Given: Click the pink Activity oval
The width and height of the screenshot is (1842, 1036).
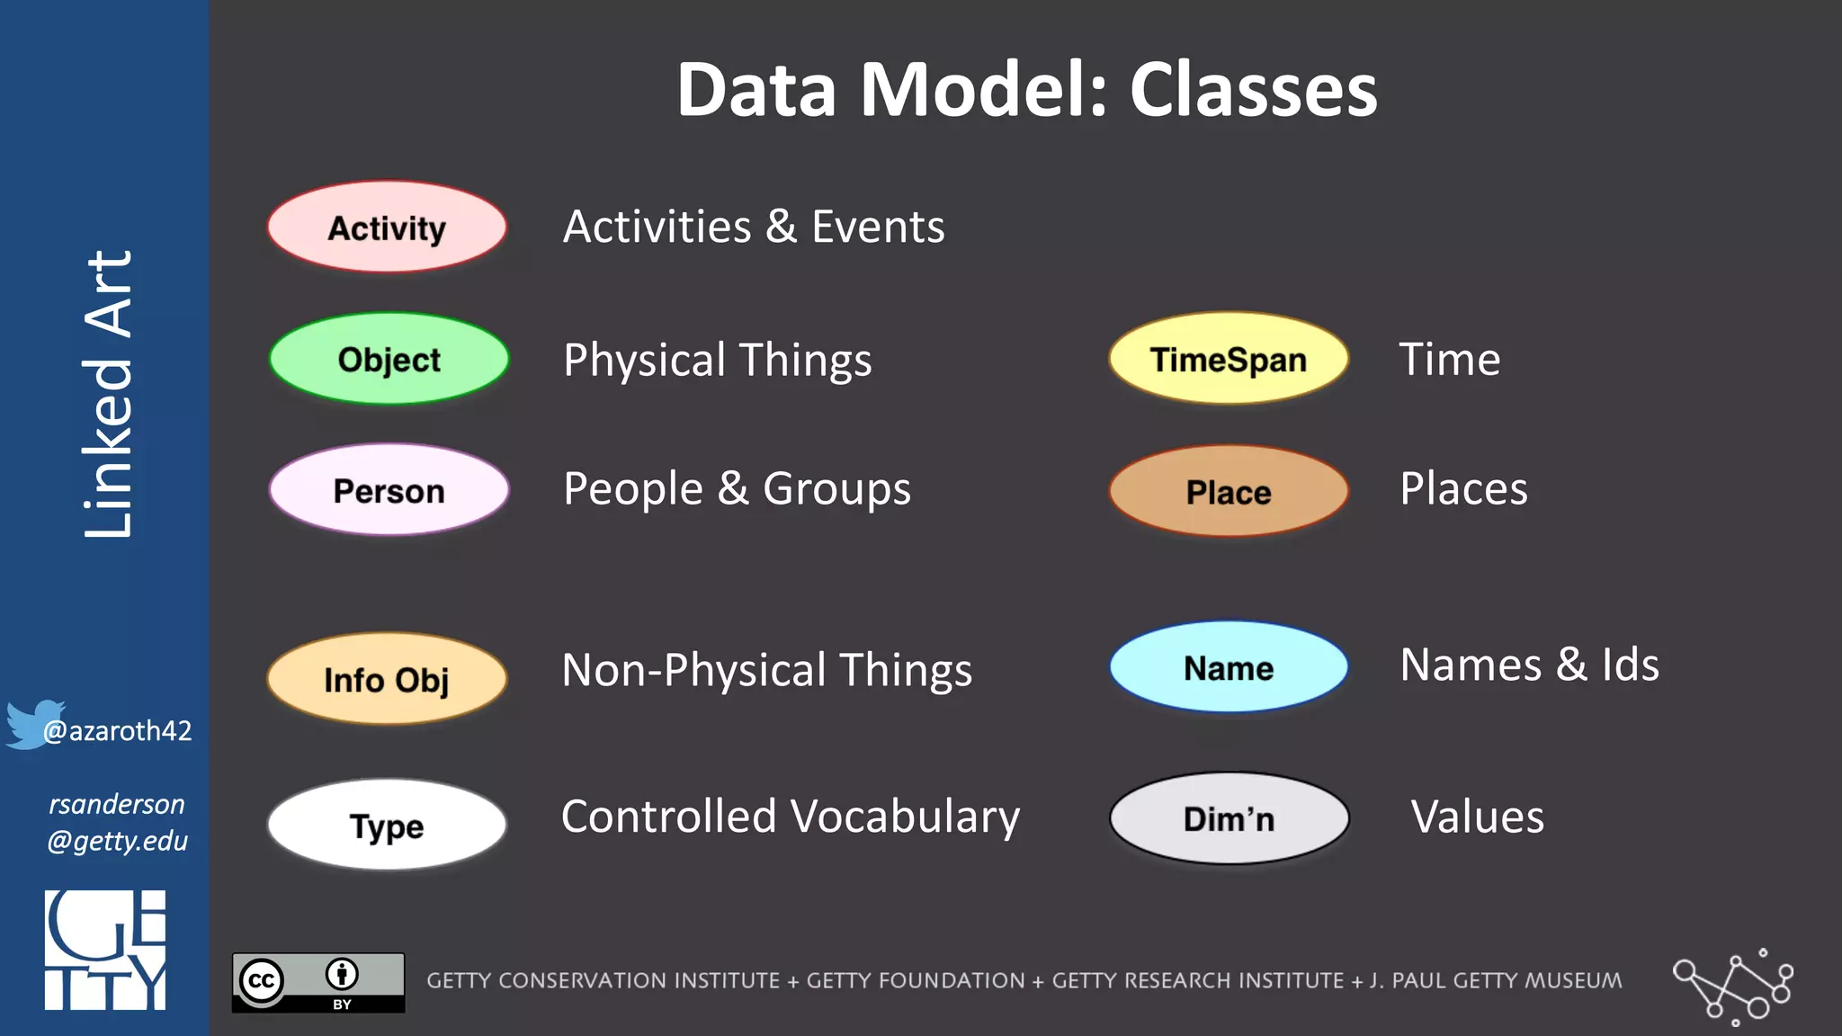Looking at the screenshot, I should click(387, 227).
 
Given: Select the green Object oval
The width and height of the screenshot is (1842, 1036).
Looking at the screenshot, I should click(389, 359).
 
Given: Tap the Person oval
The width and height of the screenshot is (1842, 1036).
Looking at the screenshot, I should click(389, 490).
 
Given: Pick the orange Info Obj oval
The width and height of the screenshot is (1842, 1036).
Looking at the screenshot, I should click(387, 679).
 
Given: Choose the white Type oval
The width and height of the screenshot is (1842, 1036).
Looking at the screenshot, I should click(387, 825).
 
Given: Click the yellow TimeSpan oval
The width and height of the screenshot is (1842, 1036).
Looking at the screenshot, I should click(1229, 359).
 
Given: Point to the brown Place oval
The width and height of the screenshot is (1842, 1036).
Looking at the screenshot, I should click(1229, 491).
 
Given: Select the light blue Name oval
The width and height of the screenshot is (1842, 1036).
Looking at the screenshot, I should click(1229, 667).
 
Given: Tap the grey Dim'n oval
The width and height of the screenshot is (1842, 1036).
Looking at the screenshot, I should click(1229, 818).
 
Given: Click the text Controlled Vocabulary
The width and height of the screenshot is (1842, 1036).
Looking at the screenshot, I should click(790, 817).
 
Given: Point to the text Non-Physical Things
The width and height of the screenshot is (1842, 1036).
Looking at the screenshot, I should click(766, 670).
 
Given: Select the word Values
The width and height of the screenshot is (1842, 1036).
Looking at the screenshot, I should click(1477, 817).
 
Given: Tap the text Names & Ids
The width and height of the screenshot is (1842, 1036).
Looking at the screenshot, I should click(1529, 665).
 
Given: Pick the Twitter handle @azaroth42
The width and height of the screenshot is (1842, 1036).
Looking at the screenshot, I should click(118, 730).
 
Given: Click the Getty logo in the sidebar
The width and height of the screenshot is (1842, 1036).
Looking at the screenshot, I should click(105, 950).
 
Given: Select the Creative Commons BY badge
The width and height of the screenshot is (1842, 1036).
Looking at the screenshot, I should click(318, 982).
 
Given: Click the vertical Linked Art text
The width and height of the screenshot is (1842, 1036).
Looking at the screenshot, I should click(108, 394).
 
